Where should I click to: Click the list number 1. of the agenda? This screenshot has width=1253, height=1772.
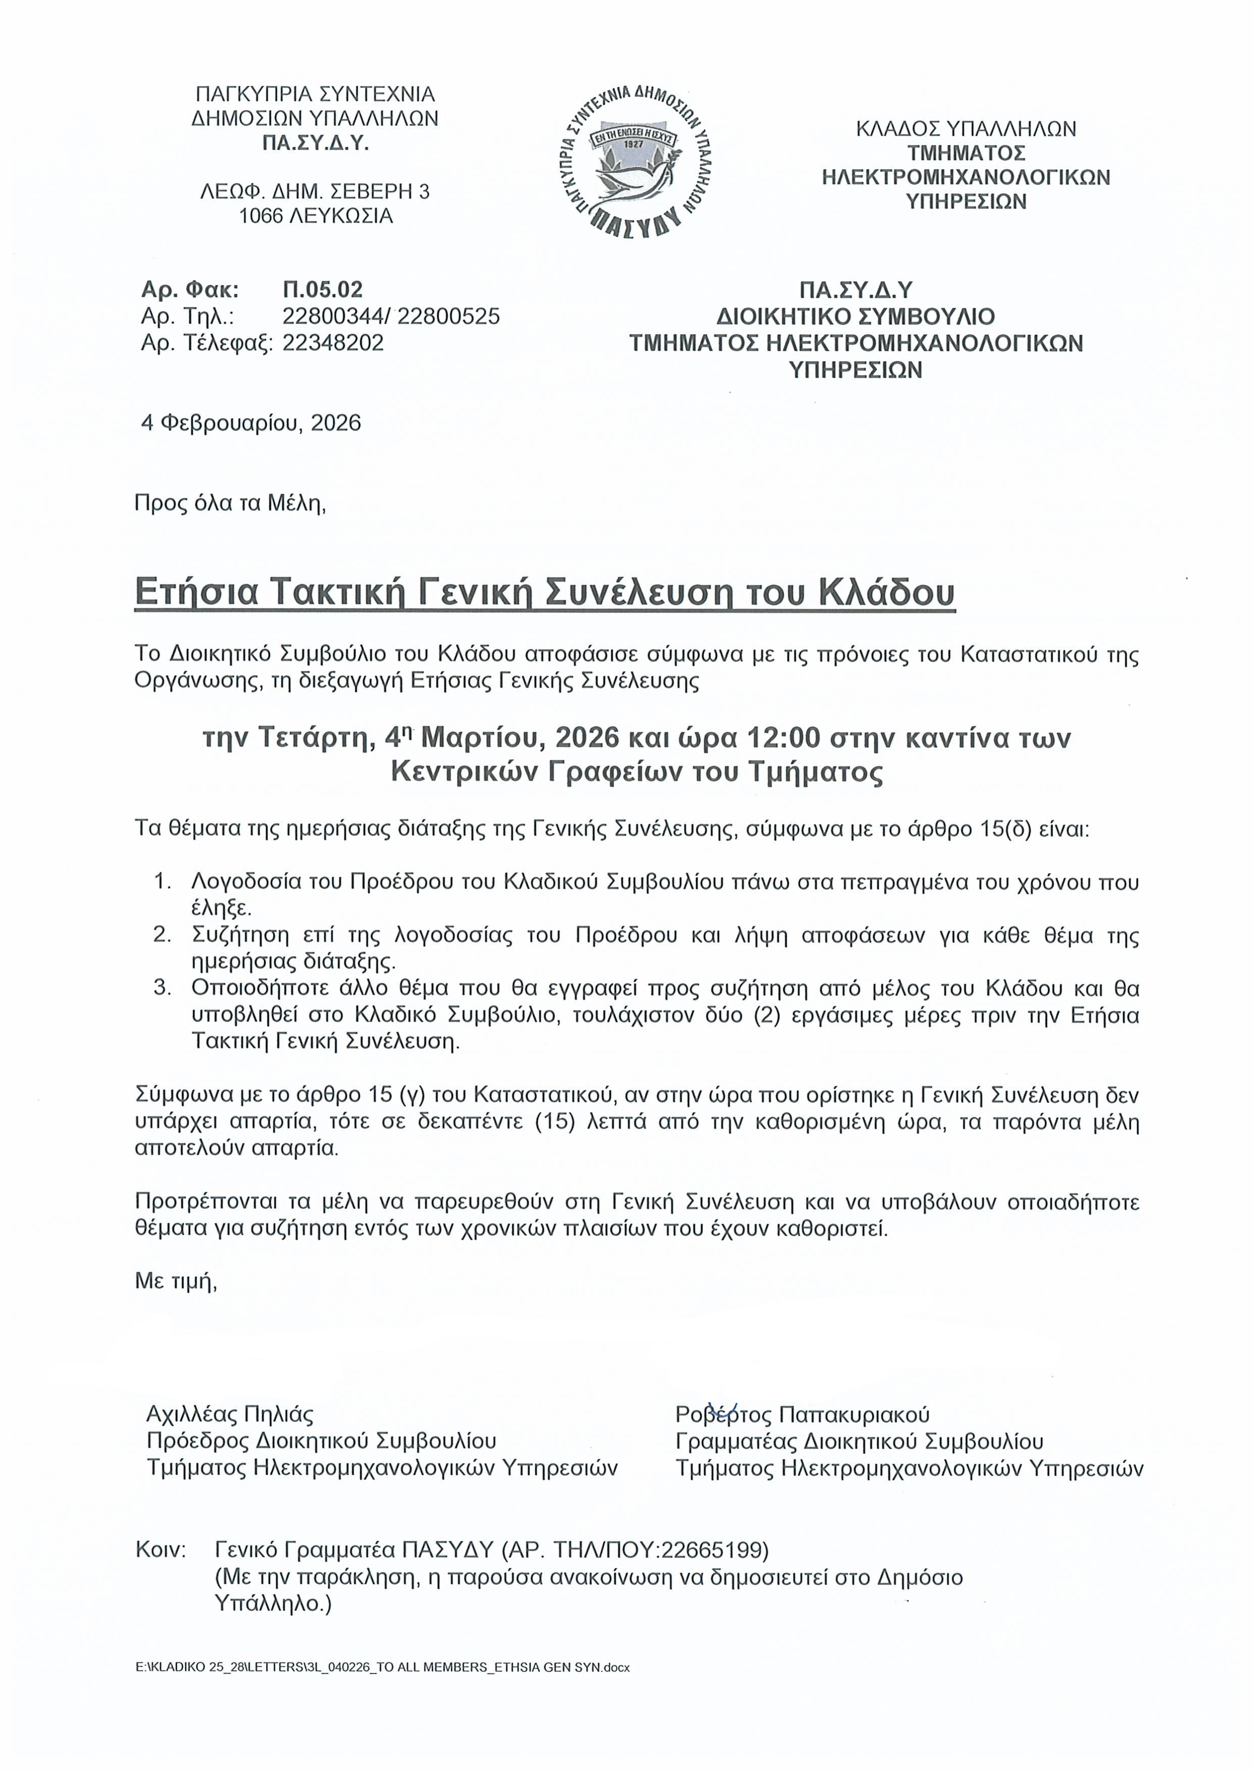[x=162, y=881]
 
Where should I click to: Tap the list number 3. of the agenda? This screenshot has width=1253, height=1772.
[x=162, y=987]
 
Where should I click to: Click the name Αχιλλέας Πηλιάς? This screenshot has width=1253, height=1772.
[x=230, y=1414]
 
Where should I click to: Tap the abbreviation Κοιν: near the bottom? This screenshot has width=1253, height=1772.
[x=161, y=1549]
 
